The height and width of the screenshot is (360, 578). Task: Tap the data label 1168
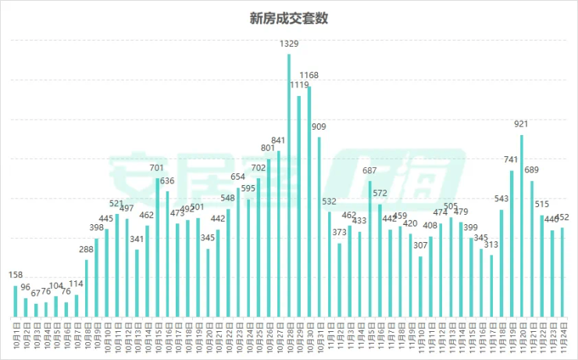pos(309,75)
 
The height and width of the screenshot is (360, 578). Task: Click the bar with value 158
pos(15,301)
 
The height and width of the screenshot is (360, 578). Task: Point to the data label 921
pos(522,123)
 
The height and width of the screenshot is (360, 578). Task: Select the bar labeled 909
pos(319,227)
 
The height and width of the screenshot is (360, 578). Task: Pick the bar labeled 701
pos(157,248)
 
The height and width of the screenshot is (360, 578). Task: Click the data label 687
pos(369,170)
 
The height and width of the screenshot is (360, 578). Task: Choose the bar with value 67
pos(35,311)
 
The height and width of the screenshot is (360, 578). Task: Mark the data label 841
pos(278,141)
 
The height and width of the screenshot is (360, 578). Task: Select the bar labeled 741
pos(512,244)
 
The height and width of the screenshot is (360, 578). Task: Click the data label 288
pos(86,250)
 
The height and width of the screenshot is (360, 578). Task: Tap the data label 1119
pos(299,84)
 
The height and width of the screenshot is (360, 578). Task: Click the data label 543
pos(501,198)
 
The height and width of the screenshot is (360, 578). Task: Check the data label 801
pos(268,148)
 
